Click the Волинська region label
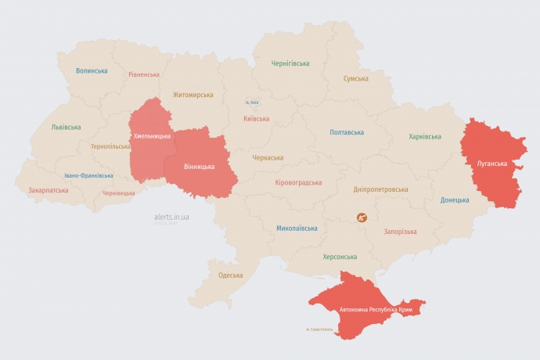[x=92, y=70]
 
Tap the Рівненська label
[x=144, y=75]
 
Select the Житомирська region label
[x=193, y=95]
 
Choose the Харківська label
[x=425, y=137]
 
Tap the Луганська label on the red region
[x=491, y=164]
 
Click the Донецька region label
[x=455, y=200]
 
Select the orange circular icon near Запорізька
[x=362, y=217]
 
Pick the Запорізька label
[x=400, y=232]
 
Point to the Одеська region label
[x=230, y=275]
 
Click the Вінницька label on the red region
[x=199, y=167]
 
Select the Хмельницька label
[x=152, y=136]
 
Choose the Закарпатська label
[x=47, y=190]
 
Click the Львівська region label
[x=66, y=127]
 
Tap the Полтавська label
[x=347, y=132]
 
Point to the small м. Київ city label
[x=251, y=102]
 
